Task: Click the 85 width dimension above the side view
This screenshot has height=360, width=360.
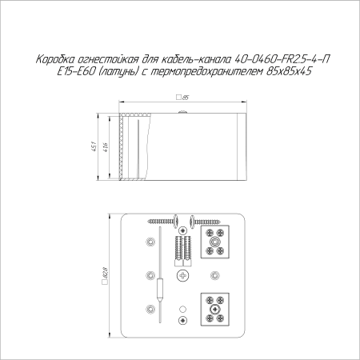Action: pos(183,97)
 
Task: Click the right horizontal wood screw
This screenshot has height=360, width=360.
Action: pos(210,218)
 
